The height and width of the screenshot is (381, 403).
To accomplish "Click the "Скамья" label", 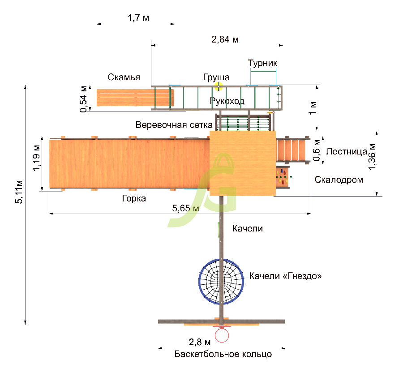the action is [124, 77].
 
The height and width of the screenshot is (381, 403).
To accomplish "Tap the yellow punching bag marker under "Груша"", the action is [219, 86].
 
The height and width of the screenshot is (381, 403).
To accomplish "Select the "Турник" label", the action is [262, 63].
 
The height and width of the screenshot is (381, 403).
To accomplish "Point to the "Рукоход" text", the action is [227, 101].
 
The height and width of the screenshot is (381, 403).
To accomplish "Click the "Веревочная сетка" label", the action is [174, 125].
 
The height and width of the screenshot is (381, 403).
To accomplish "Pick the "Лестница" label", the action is [347, 152].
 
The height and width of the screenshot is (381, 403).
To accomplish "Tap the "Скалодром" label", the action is [339, 180].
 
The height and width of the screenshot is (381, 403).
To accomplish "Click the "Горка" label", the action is [134, 198].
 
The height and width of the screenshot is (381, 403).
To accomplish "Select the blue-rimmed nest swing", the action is [221, 282].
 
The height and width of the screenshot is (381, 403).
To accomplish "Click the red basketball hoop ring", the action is [222, 335].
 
